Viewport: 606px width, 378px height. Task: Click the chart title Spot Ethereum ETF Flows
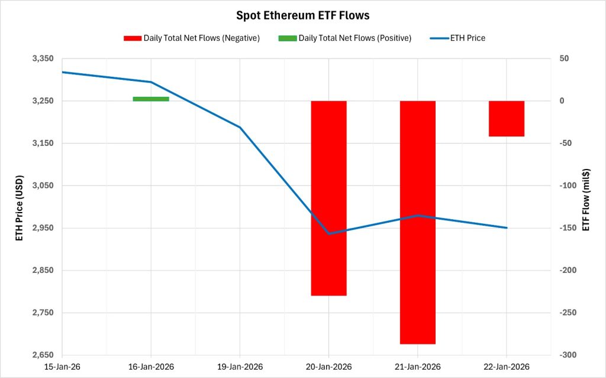(x=302, y=15)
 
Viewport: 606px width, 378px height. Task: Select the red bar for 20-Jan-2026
(x=328, y=198)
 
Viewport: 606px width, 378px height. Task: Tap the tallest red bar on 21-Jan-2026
(x=418, y=222)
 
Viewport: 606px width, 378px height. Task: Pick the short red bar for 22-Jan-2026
(x=507, y=119)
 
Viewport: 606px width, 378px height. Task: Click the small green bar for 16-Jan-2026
(x=151, y=99)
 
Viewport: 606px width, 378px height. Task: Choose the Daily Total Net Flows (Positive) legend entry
(x=344, y=38)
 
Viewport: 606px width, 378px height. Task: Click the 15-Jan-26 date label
(x=62, y=367)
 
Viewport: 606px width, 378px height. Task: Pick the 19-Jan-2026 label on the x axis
(x=240, y=367)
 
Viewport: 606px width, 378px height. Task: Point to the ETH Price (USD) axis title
(x=19, y=207)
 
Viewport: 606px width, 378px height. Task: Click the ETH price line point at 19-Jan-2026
(x=240, y=127)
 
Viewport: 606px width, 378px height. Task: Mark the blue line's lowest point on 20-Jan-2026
(x=328, y=233)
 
